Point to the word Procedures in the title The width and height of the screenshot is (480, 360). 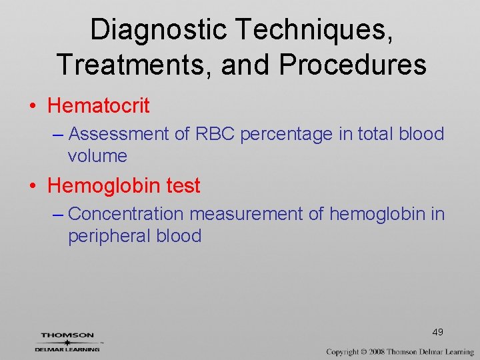click(x=353, y=65)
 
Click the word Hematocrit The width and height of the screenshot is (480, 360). click(x=99, y=105)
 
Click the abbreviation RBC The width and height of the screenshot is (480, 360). click(x=215, y=134)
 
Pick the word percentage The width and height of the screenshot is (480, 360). click(x=286, y=134)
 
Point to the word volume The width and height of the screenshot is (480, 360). click(x=97, y=156)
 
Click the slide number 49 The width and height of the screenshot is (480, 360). click(x=438, y=332)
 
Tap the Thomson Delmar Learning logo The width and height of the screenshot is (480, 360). click(x=67, y=341)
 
